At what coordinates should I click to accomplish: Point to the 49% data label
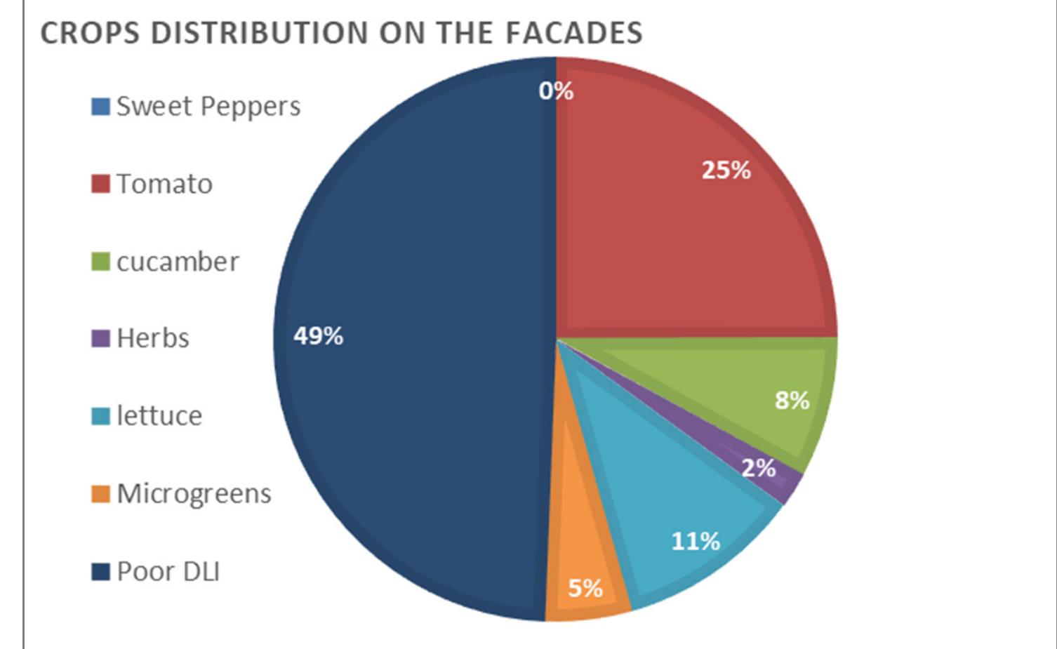(319, 336)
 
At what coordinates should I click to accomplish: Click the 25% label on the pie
(726, 170)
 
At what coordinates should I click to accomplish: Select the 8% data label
(792, 401)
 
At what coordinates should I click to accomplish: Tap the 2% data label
(759, 468)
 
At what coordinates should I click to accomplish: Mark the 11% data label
(696, 541)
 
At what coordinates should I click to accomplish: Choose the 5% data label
(585, 588)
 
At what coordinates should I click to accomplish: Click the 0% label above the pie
(556, 91)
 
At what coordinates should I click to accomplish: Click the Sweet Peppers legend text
(208, 107)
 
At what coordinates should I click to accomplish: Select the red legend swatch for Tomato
(101, 184)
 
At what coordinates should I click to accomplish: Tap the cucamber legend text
(178, 262)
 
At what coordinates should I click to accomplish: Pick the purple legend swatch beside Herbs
(101, 338)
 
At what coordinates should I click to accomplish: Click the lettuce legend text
(159, 416)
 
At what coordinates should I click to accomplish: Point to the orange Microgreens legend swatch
(101, 494)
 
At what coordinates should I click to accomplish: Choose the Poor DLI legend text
(168, 572)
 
